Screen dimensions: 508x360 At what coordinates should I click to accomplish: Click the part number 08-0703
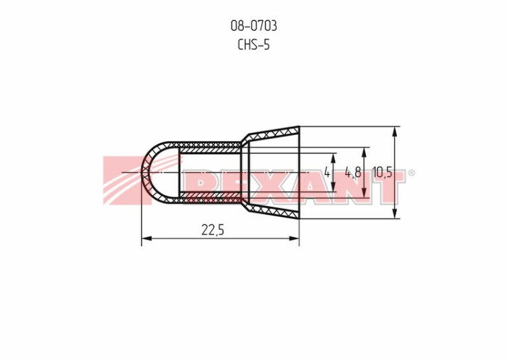click(x=254, y=26)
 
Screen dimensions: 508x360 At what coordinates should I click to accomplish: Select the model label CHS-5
click(x=254, y=45)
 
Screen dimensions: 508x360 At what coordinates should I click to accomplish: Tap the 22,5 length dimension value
click(x=213, y=230)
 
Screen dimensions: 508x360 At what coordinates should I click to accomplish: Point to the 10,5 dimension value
click(x=382, y=172)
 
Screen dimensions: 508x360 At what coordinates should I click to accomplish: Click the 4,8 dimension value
click(x=352, y=172)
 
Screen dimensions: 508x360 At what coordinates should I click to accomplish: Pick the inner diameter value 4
click(x=327, y=172)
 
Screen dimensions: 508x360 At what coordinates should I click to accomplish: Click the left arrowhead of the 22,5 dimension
click(x=147, y=239)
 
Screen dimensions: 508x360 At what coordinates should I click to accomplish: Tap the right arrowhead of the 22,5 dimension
click(x=294, y=239)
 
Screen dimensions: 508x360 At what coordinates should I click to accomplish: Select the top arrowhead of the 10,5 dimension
click(x=395, y=132)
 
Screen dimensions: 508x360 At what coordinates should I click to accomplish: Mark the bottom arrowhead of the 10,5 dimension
click(x=395, y=214)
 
